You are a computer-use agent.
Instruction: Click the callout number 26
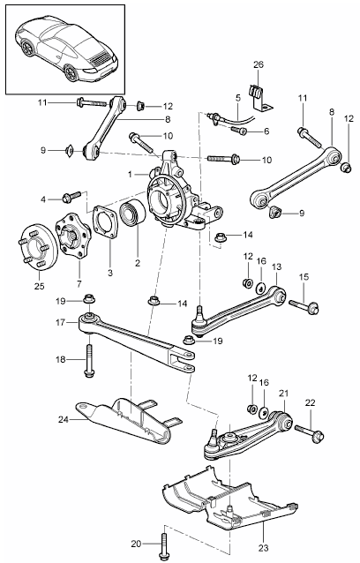point(258,64)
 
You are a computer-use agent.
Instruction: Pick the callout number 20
point(136,544)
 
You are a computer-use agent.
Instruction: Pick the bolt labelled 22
point(312,432)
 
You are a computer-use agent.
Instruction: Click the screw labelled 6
point(240,130)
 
